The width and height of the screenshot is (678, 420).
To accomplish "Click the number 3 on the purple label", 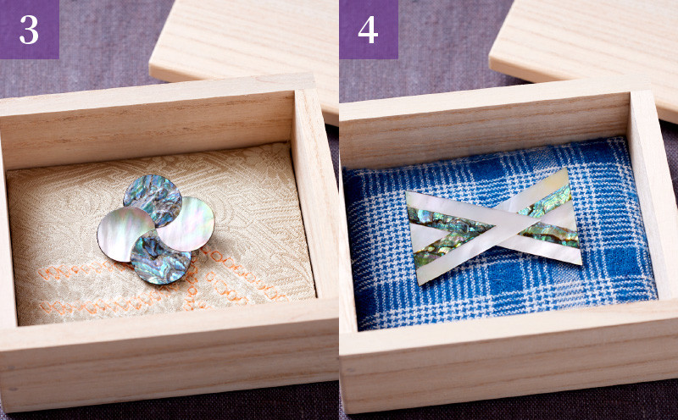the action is pos(29,30).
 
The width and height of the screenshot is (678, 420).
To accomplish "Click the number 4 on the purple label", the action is pos(368,30).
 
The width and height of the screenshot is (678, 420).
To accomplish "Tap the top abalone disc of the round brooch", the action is pos(153,196).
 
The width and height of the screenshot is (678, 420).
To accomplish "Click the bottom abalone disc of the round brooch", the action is pos(160,259).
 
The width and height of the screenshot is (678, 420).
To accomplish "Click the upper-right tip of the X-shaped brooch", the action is pos(567,169).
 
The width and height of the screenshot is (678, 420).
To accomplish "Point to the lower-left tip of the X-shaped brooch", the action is pos(419,284).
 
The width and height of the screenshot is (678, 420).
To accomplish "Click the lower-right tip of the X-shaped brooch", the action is pos(581,262).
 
